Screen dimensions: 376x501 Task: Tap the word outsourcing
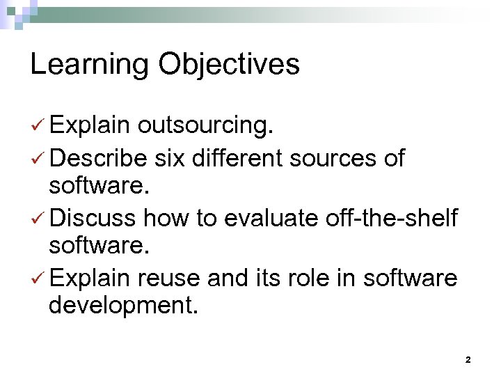tap(205, 125)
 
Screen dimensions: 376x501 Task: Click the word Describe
tap(98, 159)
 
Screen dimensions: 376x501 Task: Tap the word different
tap(235, 159)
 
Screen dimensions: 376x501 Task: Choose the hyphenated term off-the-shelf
tap(391, 219)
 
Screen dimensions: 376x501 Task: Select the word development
tap(123, 306)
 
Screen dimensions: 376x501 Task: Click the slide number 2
tap(468, 360)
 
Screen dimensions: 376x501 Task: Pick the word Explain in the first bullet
tap(90, 125)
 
